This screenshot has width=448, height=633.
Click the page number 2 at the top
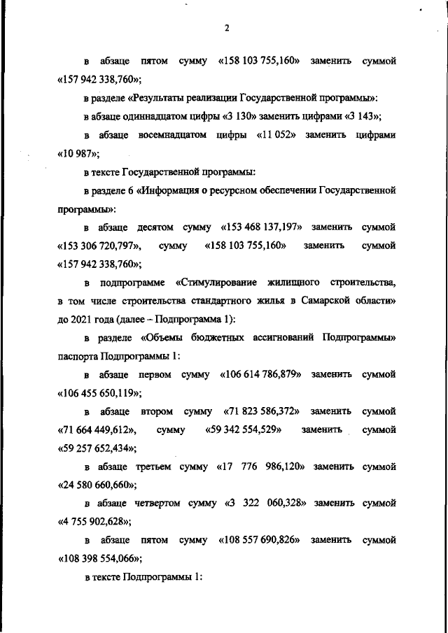point(226,28)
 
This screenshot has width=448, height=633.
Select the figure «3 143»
point(365,115)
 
